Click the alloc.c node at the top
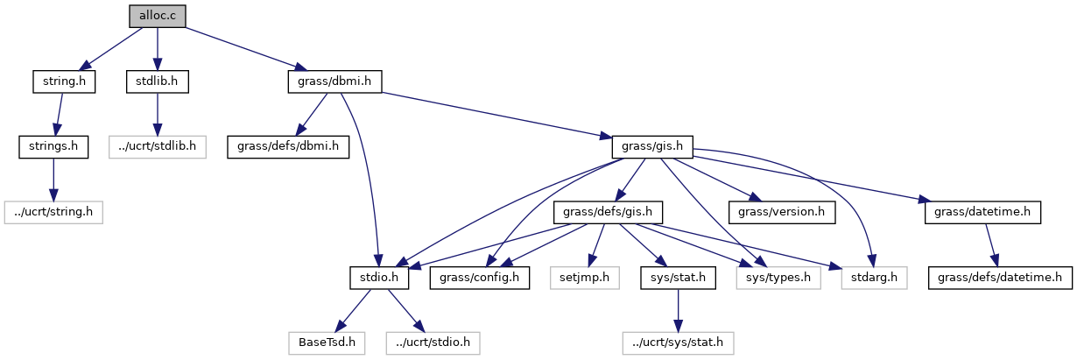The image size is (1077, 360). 157,16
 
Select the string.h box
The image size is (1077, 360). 64,81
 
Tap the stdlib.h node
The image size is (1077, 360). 158,81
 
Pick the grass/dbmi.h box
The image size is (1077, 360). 334,81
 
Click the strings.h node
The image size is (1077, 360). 53,146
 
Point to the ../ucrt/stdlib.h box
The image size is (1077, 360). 158,146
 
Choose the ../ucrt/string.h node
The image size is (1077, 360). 53,211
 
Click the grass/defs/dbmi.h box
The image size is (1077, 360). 288,146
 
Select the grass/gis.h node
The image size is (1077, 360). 652,146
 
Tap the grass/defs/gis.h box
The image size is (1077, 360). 608,211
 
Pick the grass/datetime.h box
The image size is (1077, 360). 982,211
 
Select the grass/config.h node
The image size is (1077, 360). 480,277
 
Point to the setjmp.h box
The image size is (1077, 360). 584,277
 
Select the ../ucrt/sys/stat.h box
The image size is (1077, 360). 677,342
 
